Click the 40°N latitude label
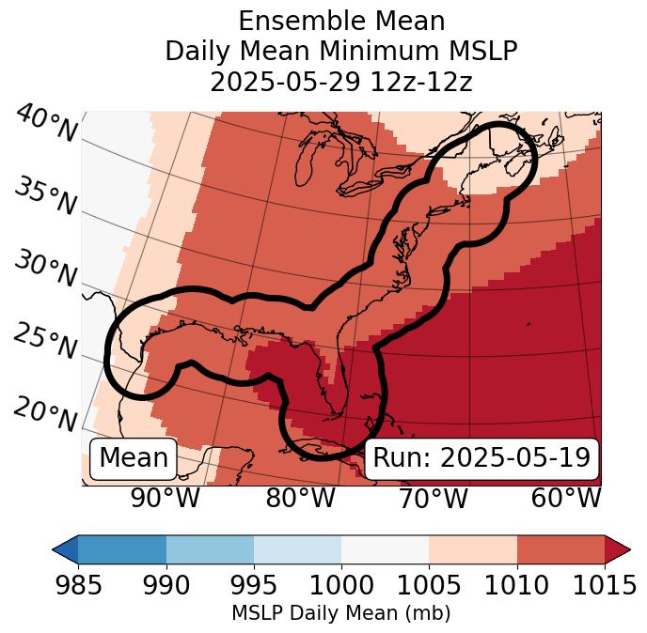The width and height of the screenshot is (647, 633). (45, 124)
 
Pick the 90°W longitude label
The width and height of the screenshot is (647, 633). (166, 499)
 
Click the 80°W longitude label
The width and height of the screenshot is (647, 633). (300, 499)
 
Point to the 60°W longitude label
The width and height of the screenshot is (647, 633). (565, 499)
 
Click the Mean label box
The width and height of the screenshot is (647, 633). (134, 458)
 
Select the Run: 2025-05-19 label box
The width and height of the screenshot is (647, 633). (481, 458)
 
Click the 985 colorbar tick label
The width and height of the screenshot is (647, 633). (78, 586)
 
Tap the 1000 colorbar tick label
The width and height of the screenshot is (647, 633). (341, 586)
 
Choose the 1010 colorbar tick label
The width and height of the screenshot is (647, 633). (517, 586)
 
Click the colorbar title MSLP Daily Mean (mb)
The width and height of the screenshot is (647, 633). (340, 614)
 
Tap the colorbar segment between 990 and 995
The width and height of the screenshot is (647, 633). (210, 549)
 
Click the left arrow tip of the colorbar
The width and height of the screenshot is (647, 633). (57, 549)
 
